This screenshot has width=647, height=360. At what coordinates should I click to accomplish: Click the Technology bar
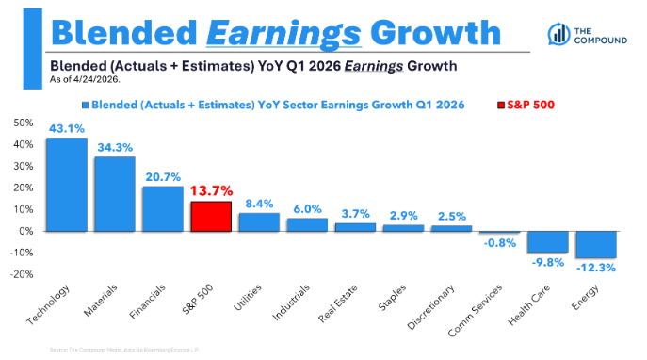[66, 185]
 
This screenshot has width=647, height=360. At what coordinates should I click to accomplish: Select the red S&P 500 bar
[210, 216]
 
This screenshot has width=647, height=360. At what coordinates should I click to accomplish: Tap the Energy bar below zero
[595, 244]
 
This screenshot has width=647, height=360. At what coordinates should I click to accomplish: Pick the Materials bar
[114, 193]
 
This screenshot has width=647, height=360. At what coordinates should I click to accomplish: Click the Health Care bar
[547, 241]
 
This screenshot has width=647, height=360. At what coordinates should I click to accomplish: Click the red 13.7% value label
[211, 192]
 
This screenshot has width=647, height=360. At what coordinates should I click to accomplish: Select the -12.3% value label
[596, 268]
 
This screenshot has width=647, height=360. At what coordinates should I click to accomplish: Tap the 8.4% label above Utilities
[258, 205]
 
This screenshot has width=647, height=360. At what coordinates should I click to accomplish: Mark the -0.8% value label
[500, 243]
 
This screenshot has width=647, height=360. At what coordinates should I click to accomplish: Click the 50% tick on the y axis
[24, 123]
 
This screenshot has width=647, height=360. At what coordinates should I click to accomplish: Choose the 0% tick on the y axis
[27, 231]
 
